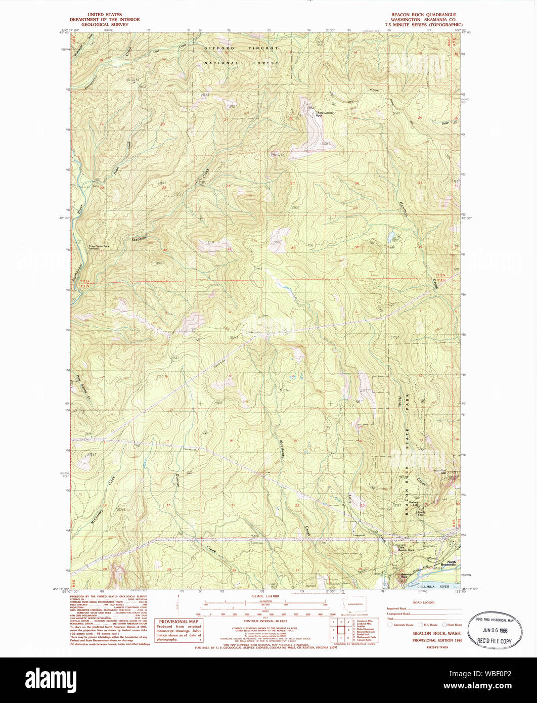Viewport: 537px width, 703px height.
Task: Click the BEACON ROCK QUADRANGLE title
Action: [423, 15]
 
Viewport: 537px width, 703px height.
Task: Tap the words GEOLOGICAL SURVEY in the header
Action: [105, 24]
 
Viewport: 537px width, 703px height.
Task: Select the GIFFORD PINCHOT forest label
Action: [241, 48]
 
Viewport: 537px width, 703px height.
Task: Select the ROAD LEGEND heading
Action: [424, 603]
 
